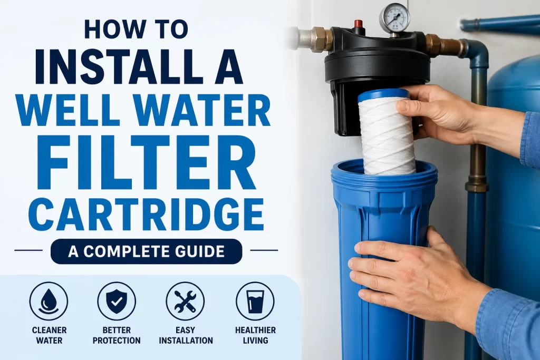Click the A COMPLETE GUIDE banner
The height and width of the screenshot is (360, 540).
pyautogui.click(x=146, y=251)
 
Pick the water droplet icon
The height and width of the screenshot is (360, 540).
pyautogui.click(x=49, y=301)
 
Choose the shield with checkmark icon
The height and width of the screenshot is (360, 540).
pyautogui.click(x=117, y=301)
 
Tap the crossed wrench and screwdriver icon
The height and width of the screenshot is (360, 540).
pyautogui.click(x=185, y=301)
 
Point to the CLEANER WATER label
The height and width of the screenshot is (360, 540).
pyautogui.click(x=49, y=335)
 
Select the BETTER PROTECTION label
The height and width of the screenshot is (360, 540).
pyautogui.click(x=117, y=335)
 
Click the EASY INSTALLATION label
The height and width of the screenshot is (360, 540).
pyautogui.click(x=185, y=335)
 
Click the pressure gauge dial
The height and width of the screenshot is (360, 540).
pyautogui.click(x=394, y=19)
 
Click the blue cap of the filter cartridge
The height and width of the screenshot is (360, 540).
pyautogui.click(x=383, y=95)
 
